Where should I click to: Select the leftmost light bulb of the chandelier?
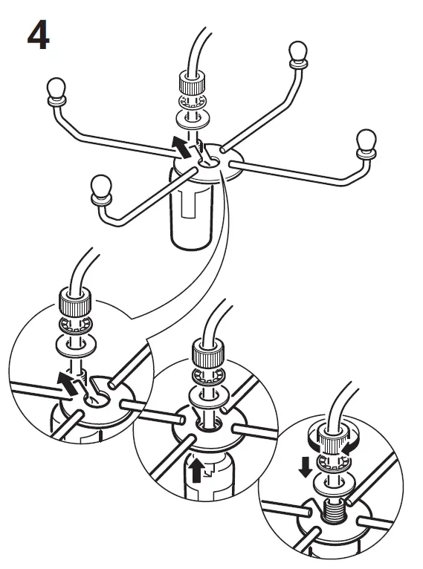point(56,89)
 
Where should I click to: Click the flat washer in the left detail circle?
point(72,346)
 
